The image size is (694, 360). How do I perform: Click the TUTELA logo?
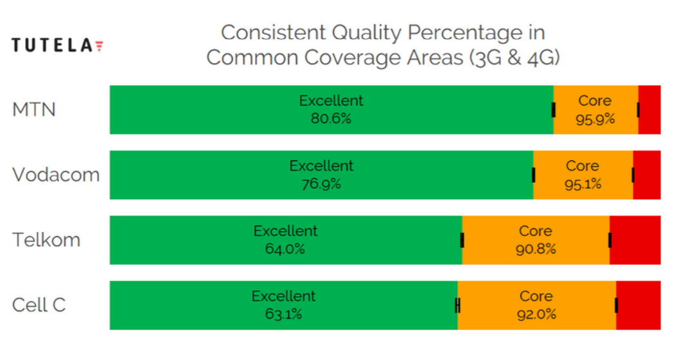pos(57,46)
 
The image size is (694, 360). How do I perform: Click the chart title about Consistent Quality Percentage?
pos(383,45)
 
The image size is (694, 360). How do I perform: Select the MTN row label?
pos(34,109)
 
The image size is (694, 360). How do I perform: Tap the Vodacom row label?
pos(56,175)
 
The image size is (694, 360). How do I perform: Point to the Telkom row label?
pos(46,240)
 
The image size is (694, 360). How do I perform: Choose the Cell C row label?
pos(39,305)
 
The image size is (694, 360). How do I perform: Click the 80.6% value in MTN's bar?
pos(331,119)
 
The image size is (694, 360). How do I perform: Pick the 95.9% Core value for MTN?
pos(595,119)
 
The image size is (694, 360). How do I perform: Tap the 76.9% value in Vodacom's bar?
pos(321,184)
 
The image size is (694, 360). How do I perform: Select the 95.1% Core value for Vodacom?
pos(583,184)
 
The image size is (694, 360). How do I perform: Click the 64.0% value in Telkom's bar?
pos(285,249)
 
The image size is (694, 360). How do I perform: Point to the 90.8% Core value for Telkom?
pos(536,249)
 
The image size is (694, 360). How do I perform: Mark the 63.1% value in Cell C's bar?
pos(283,314)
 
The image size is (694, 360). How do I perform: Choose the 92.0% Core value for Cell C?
pos(536,314)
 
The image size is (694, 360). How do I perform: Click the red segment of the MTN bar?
pos(650,109)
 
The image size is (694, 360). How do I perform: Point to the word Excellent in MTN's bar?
pos(331,101)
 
